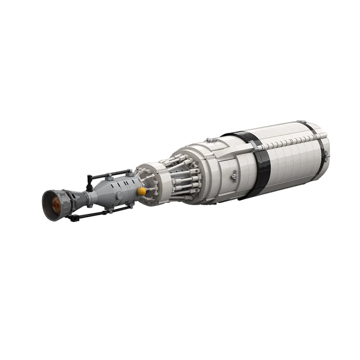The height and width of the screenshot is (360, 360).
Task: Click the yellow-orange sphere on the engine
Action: (x=142, y=191)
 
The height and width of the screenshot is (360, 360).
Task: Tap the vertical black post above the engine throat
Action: (x=90, y=180)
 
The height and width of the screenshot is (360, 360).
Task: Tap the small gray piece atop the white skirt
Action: (x=210, y=140)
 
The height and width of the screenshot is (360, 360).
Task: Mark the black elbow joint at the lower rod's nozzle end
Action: (x=71, y=218)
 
